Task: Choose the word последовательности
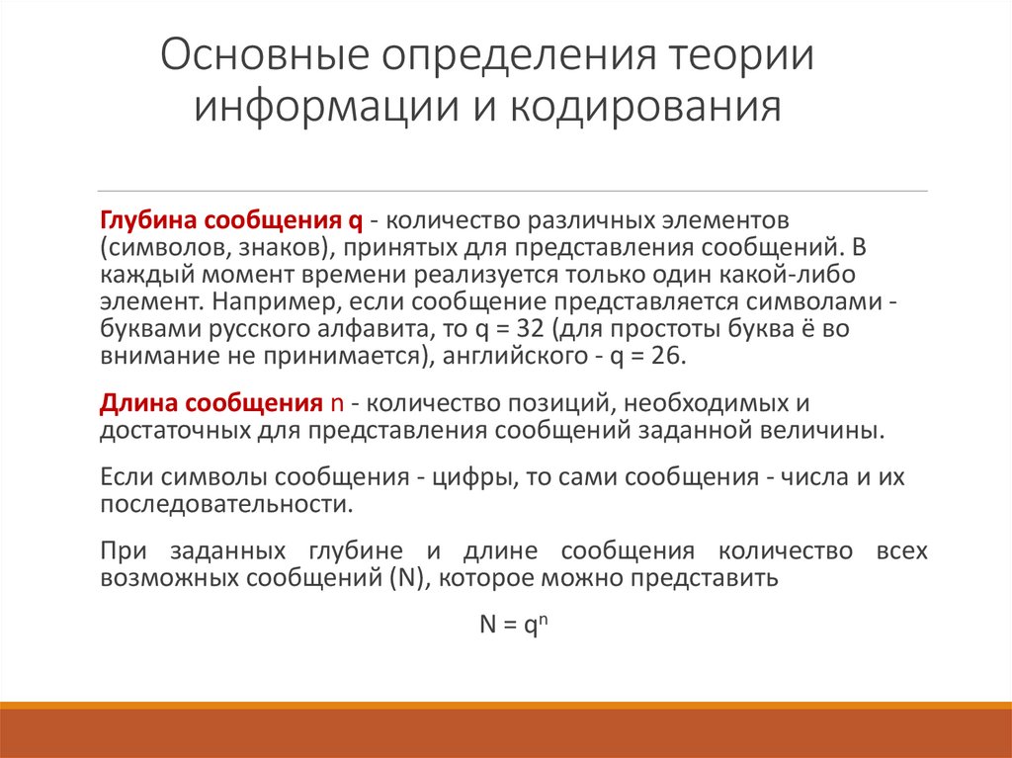point(225,504)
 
